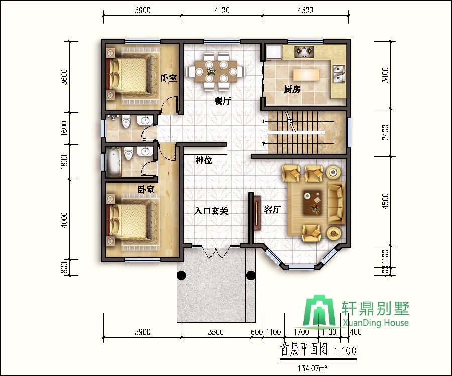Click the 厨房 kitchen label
coord(292,89)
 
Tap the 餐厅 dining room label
coord(222,101)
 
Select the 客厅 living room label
coord(272,209)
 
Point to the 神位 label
coord(204,160)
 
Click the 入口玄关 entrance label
coord(211,211)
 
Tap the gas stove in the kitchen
coord(304,51)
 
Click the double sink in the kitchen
coord(338,74)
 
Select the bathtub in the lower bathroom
coord(114,162)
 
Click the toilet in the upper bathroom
coord(126,121)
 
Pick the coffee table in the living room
coord(312,203)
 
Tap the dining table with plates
coord(215,71)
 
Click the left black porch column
coord(182,275)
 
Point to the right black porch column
coord(251,275)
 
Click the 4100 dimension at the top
coord(222,10)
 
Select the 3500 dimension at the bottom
coord(216,332)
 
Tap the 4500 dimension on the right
coord(385,201)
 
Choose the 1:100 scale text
coord(346,351)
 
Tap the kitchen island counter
coord(306,75)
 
